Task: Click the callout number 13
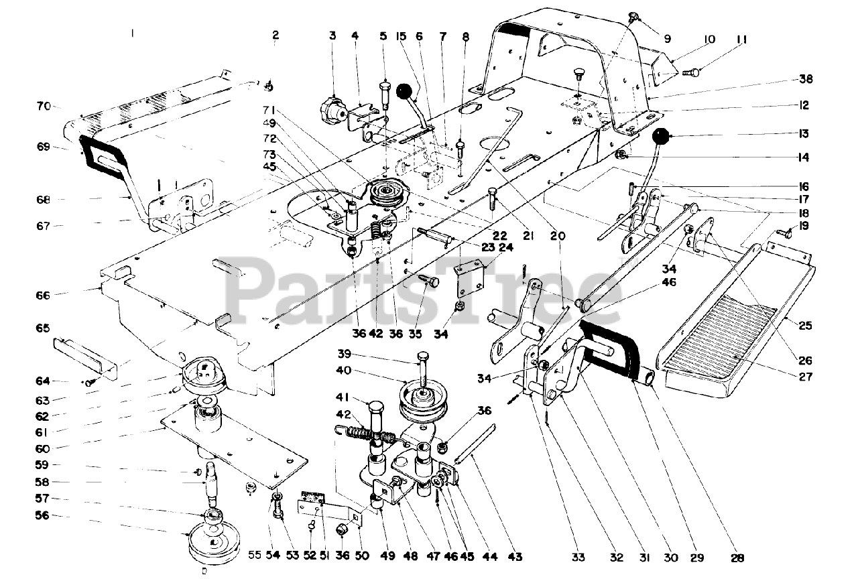pos(804,133)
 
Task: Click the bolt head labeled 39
pos(422,356)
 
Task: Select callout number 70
pos(44,106)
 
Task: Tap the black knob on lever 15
pos(405,91)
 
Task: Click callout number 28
pos(738,558)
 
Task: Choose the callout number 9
pos(667,40)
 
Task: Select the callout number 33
pos(578,557)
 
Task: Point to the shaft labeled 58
pos(210,482)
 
